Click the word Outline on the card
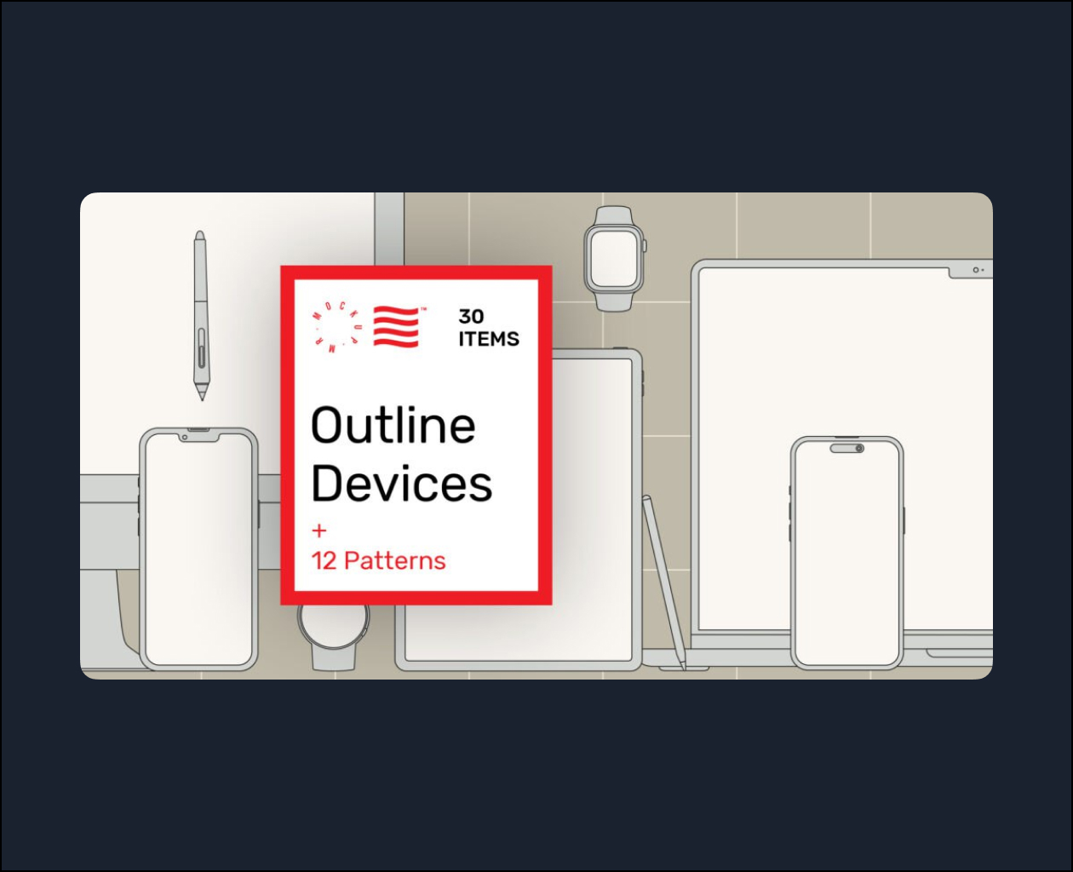pos(393,426)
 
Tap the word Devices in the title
pos(401,483)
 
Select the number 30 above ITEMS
pos(471,317)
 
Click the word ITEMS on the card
pos(489,339)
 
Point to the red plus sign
pos(318,531)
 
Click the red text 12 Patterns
pos(378,560)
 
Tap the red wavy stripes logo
pos(397,326)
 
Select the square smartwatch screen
pos(614,257)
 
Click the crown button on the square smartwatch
pos(645,246)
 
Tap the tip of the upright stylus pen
pos(203,400)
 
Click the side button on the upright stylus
pos(202,347)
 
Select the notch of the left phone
pos(199,437)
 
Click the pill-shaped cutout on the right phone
pos(846,448)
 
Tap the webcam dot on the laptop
pos(975,271)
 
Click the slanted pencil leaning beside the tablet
pos(664,582)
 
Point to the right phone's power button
pos(904,521)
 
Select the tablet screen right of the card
pos(592,508)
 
